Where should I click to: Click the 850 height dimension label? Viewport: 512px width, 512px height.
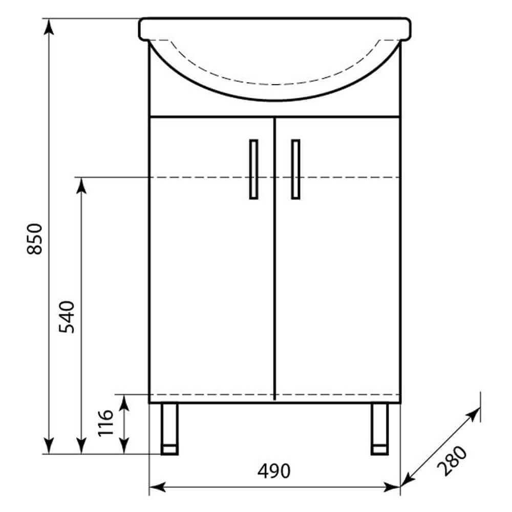[x=35, y=239]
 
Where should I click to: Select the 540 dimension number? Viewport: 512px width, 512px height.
[x=67, y=317]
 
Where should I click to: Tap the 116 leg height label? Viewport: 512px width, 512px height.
[x=105, y=423]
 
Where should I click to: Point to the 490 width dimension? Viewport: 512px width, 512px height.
[x=273, y=471]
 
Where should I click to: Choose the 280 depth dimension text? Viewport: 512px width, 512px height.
[x=453, y=460]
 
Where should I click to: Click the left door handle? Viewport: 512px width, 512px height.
[x=254, y=169]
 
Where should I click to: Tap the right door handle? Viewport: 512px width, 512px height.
[x=295, y=169]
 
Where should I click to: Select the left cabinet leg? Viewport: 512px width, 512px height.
[x=169, y=429]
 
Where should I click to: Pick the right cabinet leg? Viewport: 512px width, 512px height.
[x=380, y=429]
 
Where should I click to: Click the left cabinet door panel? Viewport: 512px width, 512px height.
[x=211, y=259]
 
